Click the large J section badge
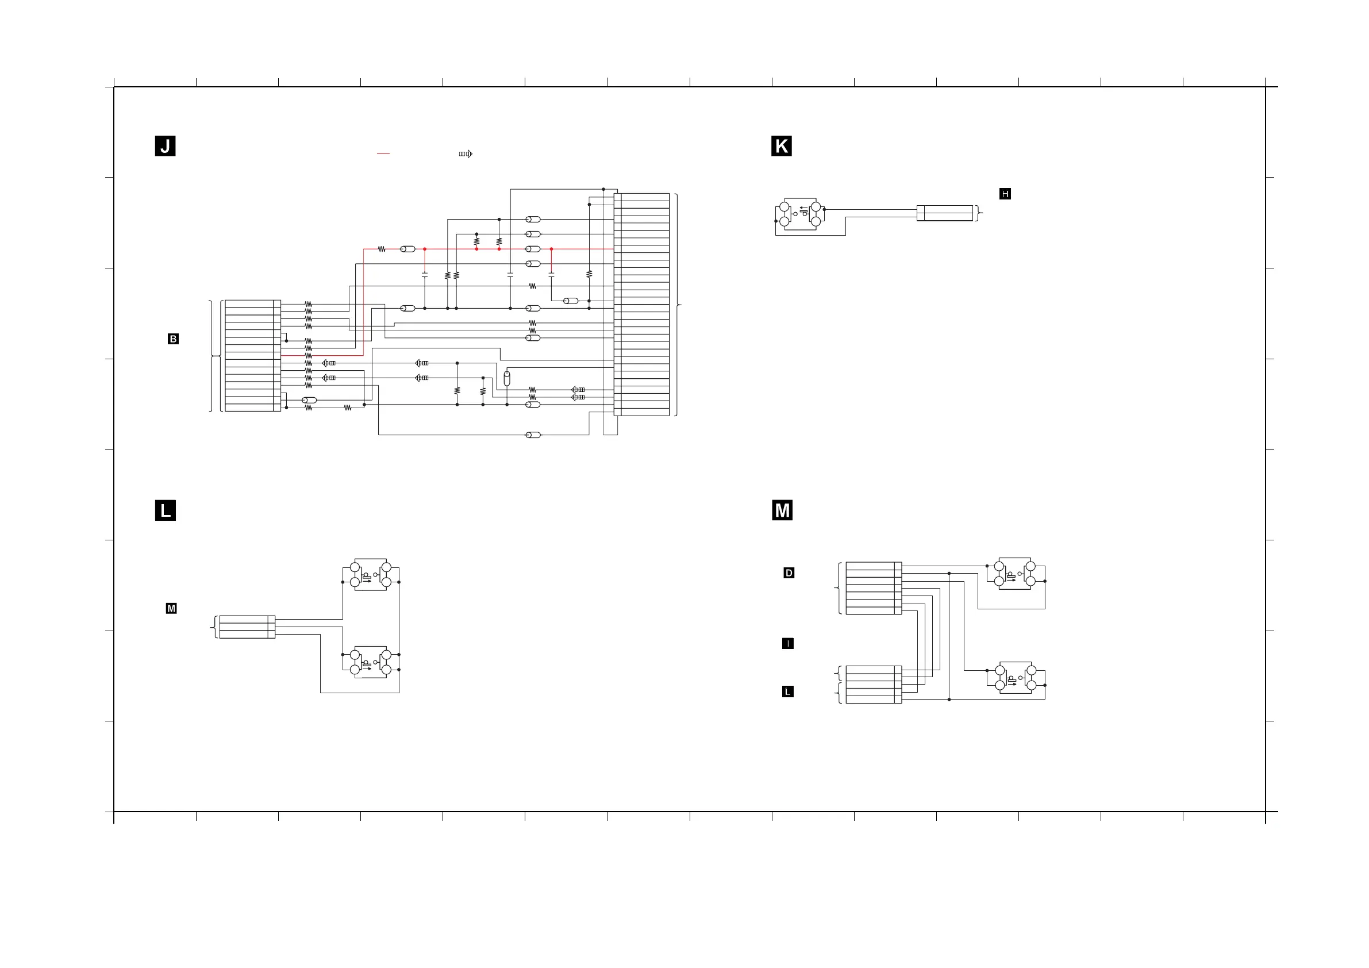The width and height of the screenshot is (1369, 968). [x=165, y=146]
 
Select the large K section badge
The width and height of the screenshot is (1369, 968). [x=781, y=146]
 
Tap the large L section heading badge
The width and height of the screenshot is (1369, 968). [x=165, y=510]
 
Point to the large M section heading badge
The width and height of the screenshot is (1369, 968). [x=782, y=510]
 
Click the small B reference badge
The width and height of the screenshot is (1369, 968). [x=173, y=339]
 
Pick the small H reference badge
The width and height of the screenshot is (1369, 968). [x=1005, y=194]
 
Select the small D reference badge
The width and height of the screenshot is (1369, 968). [x=789, y=573]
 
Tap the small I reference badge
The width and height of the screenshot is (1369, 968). [x=787, y=644]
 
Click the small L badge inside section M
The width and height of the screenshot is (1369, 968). [x=787, y=692]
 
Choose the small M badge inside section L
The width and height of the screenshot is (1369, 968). [x=171, y=608]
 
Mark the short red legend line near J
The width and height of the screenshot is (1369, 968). [x=383, y=154]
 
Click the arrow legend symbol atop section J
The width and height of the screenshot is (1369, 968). [x=466, y=154]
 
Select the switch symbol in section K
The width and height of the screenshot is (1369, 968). [x=799, y=214]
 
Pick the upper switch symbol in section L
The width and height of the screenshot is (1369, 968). [x=370, y=574]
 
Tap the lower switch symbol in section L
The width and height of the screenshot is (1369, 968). [x=370, y=662]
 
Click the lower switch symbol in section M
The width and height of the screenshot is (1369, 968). [x=1016, y=678]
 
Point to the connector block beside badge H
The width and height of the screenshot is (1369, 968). [x=944, y=213]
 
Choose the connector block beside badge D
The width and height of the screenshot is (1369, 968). [x=874, y=588]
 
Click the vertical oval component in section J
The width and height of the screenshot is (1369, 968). [x=507, y=378]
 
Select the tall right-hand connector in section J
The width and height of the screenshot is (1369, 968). [x=641, y=304]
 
